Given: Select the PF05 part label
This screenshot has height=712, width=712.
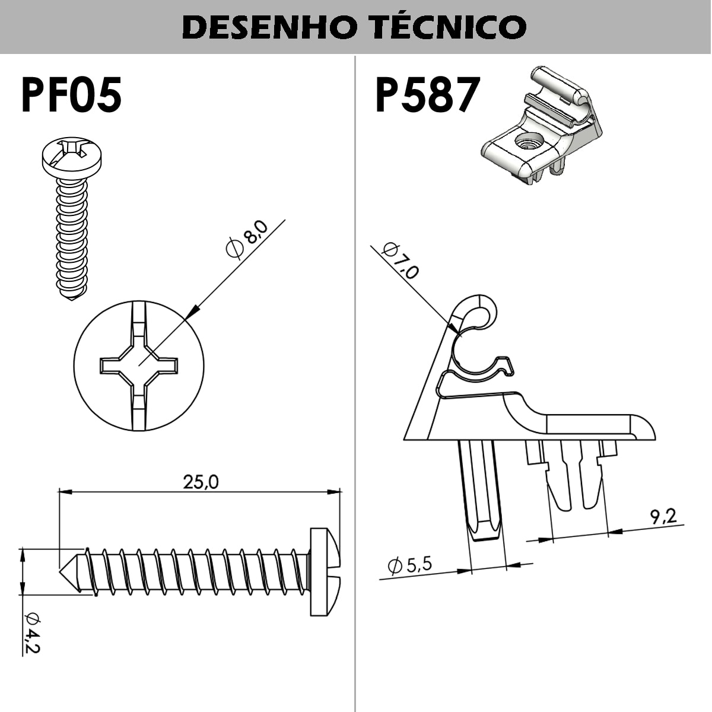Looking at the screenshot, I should (71, 95).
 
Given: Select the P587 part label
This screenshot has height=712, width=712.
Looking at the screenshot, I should (427, 95).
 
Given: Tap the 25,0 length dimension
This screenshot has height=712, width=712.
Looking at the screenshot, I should (201, 482).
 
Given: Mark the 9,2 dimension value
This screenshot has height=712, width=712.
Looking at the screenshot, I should (663, 516).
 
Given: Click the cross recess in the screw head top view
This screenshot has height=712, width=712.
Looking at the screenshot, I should (139, 365).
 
